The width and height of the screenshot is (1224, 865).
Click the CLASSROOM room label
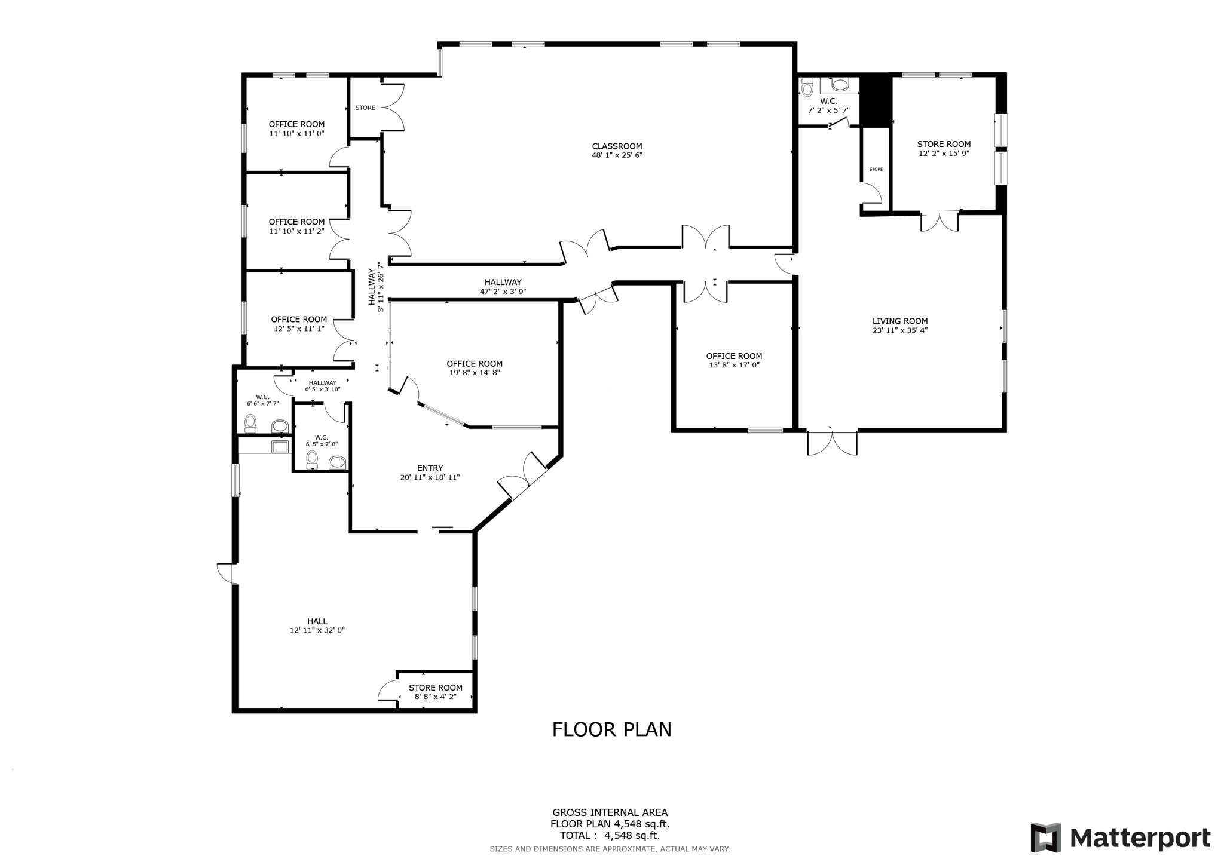tap(617, 146)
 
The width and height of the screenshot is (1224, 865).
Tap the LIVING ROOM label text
tap(899, 321)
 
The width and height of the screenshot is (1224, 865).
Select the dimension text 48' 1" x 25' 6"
tap(617, 155)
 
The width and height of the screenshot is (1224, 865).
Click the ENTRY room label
tap(430, 468)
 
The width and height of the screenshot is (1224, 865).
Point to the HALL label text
tap(317, 621)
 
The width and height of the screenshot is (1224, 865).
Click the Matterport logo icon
tap(1045, 838)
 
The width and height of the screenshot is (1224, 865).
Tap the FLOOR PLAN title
tap(611, 730)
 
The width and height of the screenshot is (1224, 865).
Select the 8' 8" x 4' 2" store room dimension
tap(435, 697)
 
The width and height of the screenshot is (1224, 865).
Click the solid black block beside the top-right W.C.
tap(876, 100)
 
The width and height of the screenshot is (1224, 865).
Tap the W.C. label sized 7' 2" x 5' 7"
tap(828, 106)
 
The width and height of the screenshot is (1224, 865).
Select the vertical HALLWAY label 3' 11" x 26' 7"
tap(375, 287)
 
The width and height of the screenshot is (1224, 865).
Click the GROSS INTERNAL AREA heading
tap(610, 812)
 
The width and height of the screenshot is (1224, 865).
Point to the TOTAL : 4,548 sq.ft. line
tap(610, 836)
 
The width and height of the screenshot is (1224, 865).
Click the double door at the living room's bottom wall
tap(832, 442)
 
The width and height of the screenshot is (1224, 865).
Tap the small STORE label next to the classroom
tap(365, 108)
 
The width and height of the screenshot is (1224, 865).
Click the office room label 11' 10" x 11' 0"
tap(296, 129)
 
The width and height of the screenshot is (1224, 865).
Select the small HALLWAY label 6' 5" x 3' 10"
tap(323, 386)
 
